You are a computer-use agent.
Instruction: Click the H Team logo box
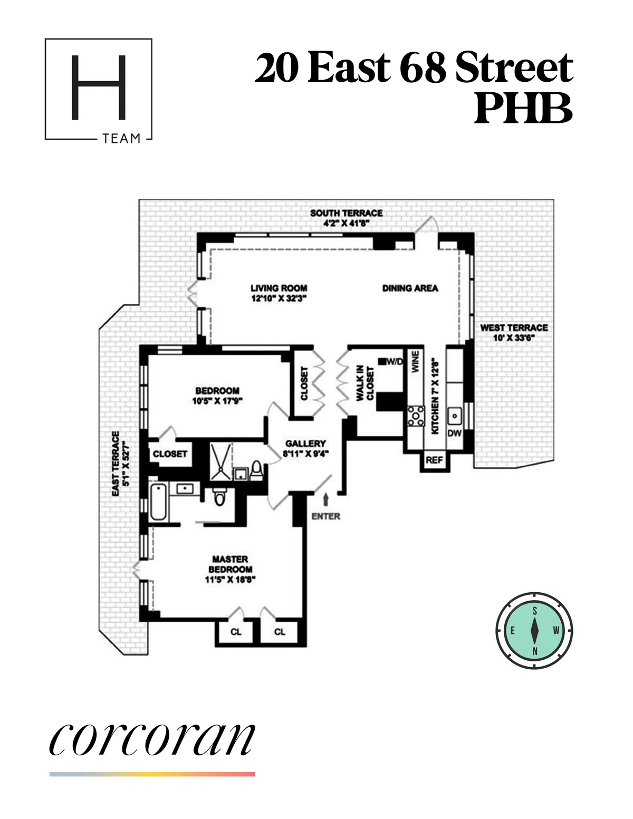[x=99, y=90]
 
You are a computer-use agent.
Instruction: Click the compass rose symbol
[x=534, y=631]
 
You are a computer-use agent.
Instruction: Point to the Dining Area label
[x=410, y=288]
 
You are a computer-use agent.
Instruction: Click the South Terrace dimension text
[x=346, y=223]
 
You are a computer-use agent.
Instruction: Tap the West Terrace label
[x=514, y=327]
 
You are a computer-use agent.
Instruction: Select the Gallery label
[x=305, y=444]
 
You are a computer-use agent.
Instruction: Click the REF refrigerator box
[x=434, y=460]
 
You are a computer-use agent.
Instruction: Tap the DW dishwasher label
[x=454, y=433]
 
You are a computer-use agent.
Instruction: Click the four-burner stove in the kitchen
[x=416, y=416]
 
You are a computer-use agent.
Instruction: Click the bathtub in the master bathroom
[x=159, y=502]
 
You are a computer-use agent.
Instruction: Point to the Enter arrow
[x=325, y=499]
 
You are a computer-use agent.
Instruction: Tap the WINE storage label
[x=415, y=362]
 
